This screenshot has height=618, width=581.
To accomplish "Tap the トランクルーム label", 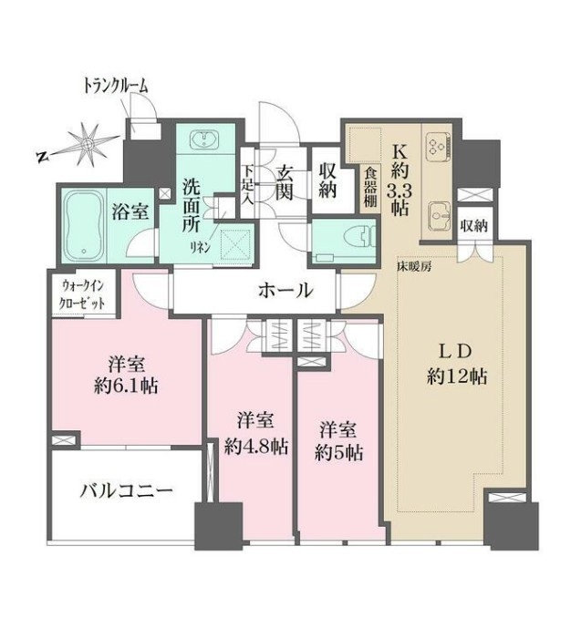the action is coord(116,86).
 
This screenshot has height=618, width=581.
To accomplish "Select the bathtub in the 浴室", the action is coord(83,226).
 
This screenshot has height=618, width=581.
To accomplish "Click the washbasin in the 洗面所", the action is coord(204,140).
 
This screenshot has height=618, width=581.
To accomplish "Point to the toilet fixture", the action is coord(358,237).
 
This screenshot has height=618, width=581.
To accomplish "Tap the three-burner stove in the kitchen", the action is coord(439,146).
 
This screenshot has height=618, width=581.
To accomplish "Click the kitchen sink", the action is coord(439,217).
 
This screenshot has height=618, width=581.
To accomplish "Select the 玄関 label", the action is coord(284,183).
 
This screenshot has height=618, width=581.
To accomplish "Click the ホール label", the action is coord(285,291).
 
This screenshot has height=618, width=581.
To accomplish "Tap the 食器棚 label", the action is coord(370,188).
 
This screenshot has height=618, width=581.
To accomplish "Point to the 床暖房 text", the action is coord(413,267).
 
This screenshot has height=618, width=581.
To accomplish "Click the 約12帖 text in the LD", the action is coord(457,377).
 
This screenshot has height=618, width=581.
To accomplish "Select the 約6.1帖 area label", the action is coord(126,386).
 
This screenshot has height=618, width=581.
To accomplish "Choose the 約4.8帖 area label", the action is coord(256,447).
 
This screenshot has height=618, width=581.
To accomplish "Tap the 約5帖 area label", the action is coord(338,453).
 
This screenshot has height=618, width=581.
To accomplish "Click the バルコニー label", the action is coord(126,491).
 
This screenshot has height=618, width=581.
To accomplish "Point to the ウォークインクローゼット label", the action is coord(82,294).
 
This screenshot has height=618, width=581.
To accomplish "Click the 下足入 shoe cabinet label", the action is coord(248,184).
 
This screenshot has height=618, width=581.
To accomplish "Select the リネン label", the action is coord(201,248).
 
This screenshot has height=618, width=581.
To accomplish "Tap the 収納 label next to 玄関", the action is coord(327,180).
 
